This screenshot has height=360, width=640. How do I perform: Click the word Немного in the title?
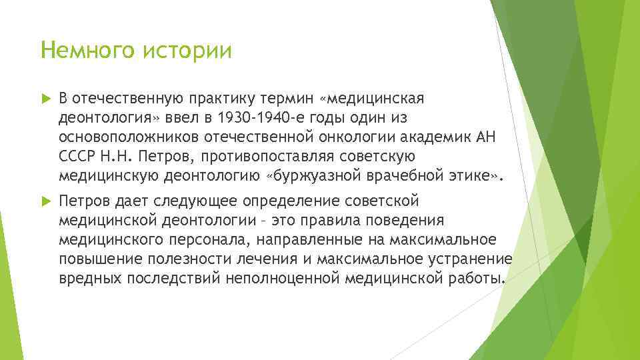click(x=85, y=51)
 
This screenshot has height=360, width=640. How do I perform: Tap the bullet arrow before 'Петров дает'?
click(x=45, y=201)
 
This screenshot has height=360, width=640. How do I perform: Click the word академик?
click(x=437, y=137)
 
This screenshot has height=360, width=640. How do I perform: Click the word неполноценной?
click(x=275, y=278)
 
